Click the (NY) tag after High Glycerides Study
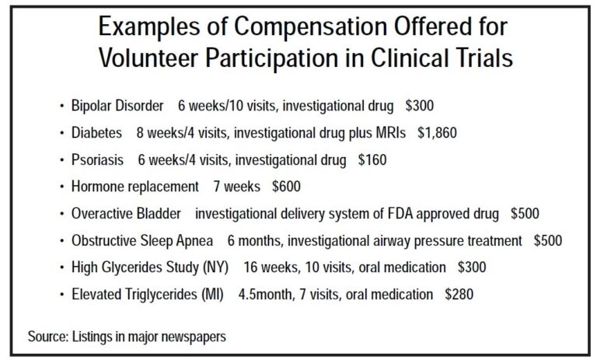pyautogui.click(x=214, y=267)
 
